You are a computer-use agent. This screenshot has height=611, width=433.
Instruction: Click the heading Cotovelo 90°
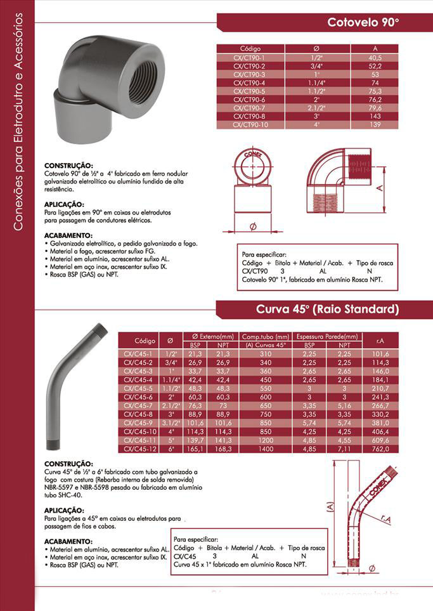[363, 23]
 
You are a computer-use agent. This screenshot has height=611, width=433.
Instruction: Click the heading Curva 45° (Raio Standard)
[327, 310]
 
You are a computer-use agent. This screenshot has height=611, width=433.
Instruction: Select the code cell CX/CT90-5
[249, 91]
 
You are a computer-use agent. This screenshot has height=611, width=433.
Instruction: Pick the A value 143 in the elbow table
[375, 117]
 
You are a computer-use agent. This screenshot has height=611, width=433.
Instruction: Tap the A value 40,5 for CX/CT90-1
[375, 58]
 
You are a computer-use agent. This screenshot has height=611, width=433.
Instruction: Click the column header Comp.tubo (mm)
[266, 336]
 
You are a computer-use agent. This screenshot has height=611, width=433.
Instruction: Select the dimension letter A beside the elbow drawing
[378, 188]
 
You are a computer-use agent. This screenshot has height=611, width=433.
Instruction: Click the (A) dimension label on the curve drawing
[330, 507]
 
